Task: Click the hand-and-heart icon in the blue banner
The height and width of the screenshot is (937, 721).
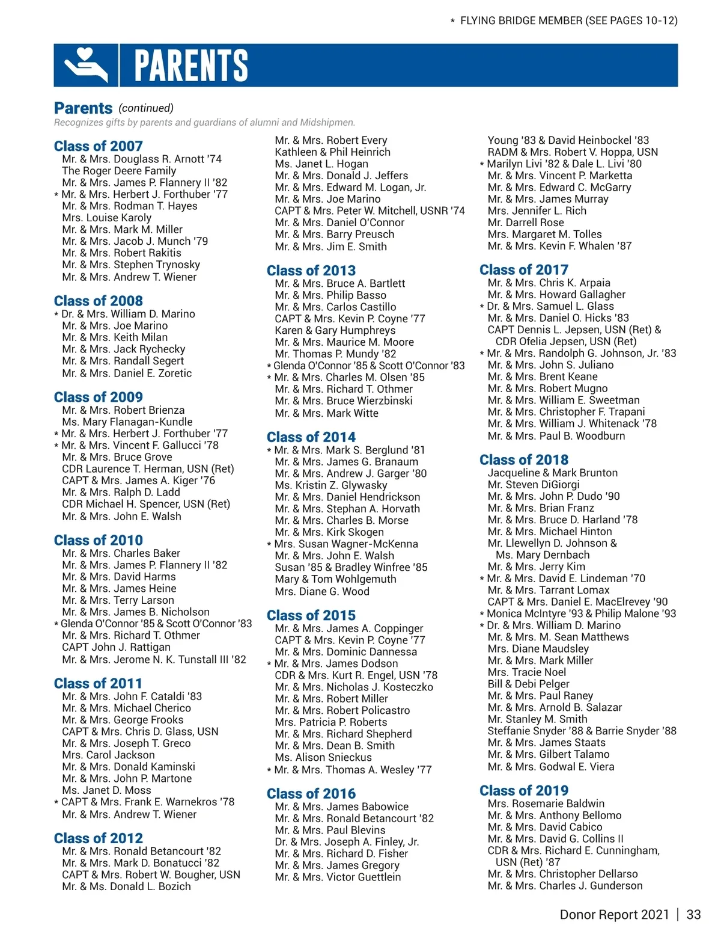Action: coord(86,65)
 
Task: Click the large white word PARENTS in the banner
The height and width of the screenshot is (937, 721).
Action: coord(191,65)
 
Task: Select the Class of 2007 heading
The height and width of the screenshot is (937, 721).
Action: coord(99,146)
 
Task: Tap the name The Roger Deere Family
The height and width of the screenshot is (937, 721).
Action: coord(119,171)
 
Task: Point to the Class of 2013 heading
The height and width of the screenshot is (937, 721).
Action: coord(311,271)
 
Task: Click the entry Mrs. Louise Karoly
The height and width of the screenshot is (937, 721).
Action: coord(106,218)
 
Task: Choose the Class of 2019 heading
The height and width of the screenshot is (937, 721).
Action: coord(524,790)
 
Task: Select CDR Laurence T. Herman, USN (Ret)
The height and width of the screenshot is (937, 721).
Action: coord(148,468)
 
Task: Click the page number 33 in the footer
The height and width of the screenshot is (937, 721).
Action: coord(693,915)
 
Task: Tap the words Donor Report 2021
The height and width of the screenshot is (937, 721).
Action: coord(614,915)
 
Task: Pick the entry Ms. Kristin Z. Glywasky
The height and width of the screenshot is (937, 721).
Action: coord(331,485)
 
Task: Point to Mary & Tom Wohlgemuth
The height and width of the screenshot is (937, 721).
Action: coord(335,579)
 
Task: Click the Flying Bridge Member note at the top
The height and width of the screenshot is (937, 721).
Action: coord(568,21)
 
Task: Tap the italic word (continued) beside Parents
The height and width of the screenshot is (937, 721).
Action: coord(146,108)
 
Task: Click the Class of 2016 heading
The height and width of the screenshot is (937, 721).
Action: coord(311,794)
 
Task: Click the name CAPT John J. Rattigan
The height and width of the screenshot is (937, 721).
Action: coord(116,647)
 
